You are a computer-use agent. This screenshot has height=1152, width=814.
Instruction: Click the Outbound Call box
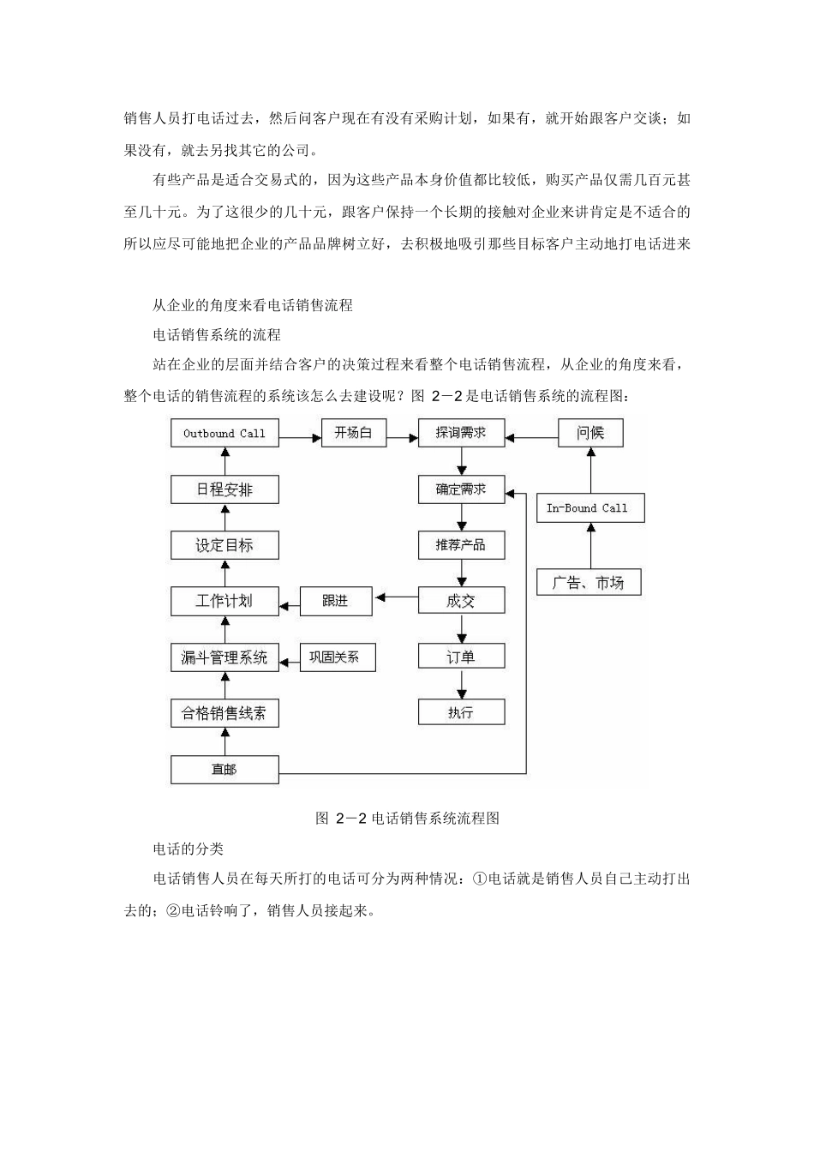pyautogui.click(x=224, y=433)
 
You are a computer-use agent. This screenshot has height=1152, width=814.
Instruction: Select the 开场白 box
pyautogui.click(x=353, y=433)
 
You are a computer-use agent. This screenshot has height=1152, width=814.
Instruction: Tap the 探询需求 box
pyautogui.click(x=461, y=433)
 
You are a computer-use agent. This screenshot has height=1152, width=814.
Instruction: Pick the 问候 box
pyautogui.click(x=590, y=433)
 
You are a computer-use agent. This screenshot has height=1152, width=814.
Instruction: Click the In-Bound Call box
pyautogui.click(x=590, y=508)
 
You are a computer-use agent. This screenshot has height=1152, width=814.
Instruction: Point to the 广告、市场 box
pyautogui.click(x=589, y=583)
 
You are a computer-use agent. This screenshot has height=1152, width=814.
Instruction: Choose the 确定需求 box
pyautogui.click(x=461, y=489)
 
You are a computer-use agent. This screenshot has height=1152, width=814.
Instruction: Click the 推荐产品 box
pyautogui.click(x=461, y=545)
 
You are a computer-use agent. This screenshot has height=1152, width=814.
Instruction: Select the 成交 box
pyautogui.click(x=461, y=601)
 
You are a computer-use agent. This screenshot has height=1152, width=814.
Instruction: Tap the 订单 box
pyautogui.click(x=461, y=657)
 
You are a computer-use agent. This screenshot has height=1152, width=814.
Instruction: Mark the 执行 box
pyautogui.click(x=461, y=712)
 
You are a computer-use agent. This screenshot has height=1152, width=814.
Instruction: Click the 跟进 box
pyautogui.click(x=336, y=601)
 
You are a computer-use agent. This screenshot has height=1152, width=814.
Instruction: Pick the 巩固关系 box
pyautogui.click(x=336, y=657)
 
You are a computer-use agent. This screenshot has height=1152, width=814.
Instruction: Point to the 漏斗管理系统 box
pyautogui.click(x=224, y=657)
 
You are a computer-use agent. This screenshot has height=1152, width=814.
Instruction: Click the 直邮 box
pyautogui.click(x=224, y=770)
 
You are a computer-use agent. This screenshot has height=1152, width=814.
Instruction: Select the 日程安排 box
pyautogui.click(x=224, y=489)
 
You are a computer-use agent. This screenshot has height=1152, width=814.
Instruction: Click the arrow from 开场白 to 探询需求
pyautogui.click(x=401, y=436)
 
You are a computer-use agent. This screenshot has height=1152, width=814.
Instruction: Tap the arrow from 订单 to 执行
pyautogui.click(x=462, y=684)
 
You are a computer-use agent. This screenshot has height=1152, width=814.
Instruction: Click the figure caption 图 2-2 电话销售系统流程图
pyautogui.click(x=407, y=818)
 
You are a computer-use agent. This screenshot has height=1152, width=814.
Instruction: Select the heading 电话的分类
pyautogui.click(x=188, y=849)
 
